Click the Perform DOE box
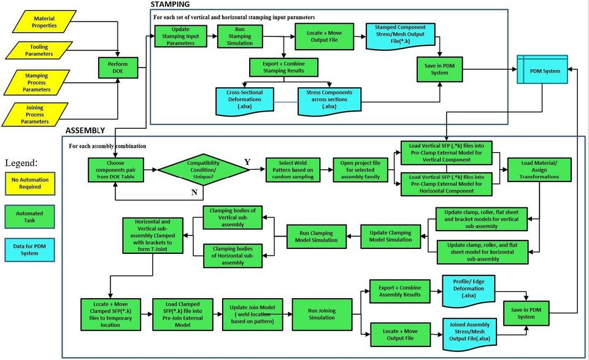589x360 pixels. point(117,67)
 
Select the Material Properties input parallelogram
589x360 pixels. point(44,23)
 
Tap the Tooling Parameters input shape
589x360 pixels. point(39,50)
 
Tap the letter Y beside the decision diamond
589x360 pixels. point(247,162)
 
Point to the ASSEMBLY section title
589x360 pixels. point(85,131)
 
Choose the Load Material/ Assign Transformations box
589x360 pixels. point(539,169)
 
